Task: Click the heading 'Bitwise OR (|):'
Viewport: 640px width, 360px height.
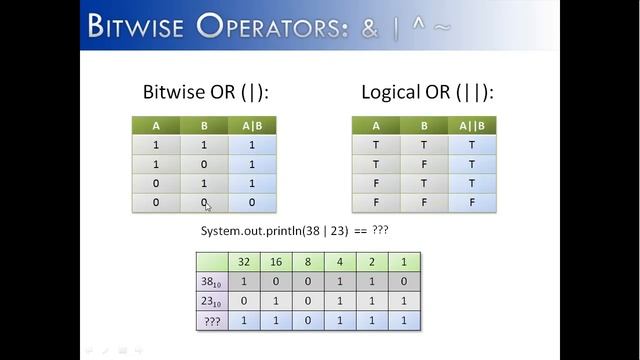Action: tap(205, 93)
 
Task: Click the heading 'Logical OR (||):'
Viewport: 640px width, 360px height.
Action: tap(427, 93)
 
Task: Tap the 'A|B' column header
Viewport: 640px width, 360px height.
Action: tap(252, 126)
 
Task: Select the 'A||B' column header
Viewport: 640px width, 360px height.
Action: tap(472, 126)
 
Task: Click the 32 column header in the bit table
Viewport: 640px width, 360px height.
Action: tap(243, 262)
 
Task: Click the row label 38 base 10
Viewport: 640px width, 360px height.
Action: tap(210, 282)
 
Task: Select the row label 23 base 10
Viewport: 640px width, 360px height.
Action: tap(210, 302)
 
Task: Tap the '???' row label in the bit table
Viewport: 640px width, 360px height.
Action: tap(210, 322)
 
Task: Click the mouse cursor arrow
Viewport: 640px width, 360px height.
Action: tap(207, 206)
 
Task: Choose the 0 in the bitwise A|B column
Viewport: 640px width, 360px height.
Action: tap(252, 203)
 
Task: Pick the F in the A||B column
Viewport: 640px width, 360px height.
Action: tap(472, 203)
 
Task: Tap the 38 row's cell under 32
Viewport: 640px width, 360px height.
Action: tap(243, 282)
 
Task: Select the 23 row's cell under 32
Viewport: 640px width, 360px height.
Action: tap(243, 302)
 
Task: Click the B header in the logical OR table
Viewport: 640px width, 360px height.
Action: tap(424, 126)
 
